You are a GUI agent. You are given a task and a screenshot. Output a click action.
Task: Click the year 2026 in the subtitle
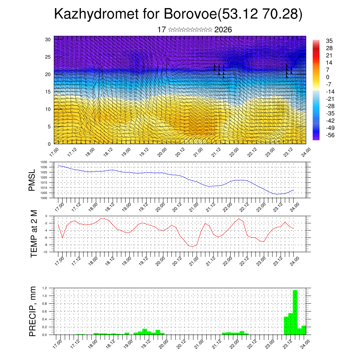pyautogui.click(x=223, y=30)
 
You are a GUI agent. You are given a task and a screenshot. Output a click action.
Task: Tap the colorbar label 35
pyautogui.click(x=329, y=41)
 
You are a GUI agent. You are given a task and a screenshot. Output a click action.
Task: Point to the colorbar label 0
pyautogui.click(x=328, y=77)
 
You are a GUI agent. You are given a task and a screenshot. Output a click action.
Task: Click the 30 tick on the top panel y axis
pyautogui.click(x=48, y=39)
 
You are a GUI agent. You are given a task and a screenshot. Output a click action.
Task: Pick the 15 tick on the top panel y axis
pyautogui.click(x=48, y=92)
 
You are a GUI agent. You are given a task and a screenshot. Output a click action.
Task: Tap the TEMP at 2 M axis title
pyautogui.click(x=34, y=234)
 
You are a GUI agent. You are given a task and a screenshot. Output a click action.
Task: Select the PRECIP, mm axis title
pyautogui.click(x=32, y=311)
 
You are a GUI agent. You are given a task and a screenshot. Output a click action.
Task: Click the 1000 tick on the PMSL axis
pyautogui.click(x=44, y=198)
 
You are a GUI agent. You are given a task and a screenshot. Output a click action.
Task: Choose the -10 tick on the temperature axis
pyautogui.click(x=45, y=252)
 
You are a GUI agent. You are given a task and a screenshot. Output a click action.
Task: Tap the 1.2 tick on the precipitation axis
pyautogui.click(x=45, y=288)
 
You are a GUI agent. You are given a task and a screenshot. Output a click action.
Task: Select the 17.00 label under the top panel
pyautogui.click(x=53, y=152)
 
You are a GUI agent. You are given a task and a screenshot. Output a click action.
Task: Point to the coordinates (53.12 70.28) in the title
pyautogui.click(x=260, y=14)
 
